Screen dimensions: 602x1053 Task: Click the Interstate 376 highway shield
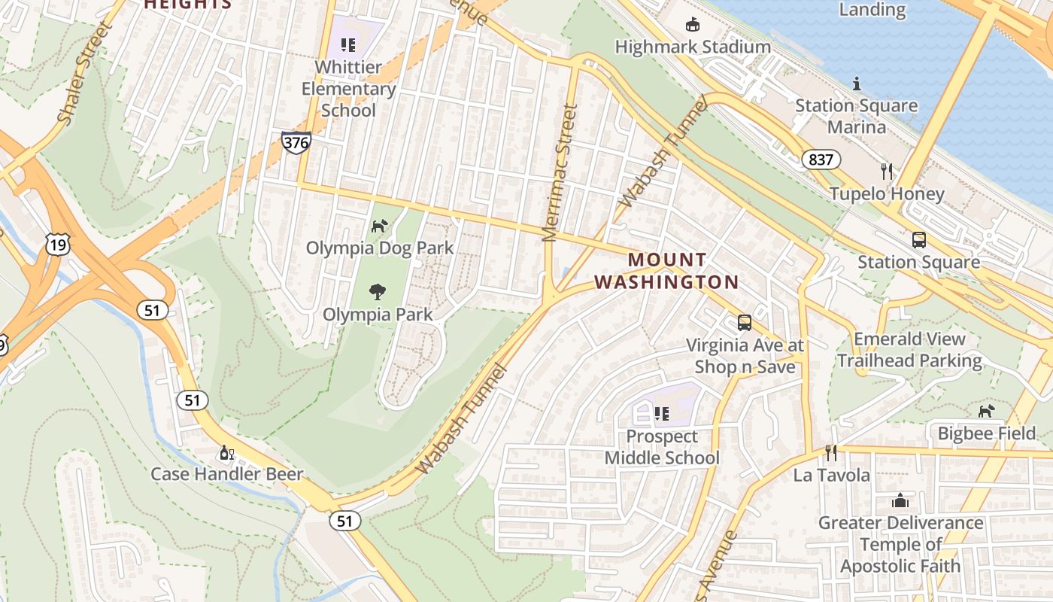coord(296,142)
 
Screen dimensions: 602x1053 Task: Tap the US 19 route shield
coord(57,243)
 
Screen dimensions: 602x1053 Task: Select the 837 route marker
coord(821,160)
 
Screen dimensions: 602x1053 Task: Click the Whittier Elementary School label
coord(348,89)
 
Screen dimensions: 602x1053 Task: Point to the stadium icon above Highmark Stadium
coord(692,26)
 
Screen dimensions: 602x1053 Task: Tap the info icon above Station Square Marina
coord(856,84)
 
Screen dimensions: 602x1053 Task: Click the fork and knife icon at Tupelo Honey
coord(887,172)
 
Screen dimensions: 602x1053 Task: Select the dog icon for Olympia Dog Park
coord(380,226)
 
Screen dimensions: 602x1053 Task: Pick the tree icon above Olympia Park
coord(378,292)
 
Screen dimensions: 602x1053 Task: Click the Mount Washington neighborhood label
coord(666,271)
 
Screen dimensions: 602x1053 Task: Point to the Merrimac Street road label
coord(560,173)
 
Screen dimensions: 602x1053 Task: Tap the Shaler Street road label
coord(85,74)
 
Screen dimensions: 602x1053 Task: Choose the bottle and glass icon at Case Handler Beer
coord(226,453)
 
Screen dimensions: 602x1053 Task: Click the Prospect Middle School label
coord(662,447)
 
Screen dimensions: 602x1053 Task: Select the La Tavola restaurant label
coord(831,475)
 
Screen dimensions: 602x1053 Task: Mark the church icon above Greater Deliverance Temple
coord(900,500)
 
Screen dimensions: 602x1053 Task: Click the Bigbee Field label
coord(986,433)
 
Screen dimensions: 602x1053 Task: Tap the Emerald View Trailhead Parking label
coord(909,350)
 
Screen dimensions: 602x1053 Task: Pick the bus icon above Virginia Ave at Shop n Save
coord(744,323)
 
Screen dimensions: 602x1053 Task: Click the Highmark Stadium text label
coord(692,47)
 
